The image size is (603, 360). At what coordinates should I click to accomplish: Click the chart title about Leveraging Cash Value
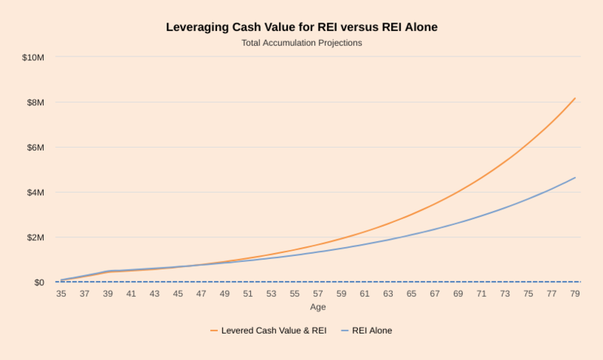(301, 27)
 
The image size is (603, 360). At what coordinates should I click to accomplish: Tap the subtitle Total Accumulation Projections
(301, 43)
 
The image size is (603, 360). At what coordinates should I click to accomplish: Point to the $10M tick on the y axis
(33, 57)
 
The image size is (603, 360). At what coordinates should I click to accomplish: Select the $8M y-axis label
(35, 102)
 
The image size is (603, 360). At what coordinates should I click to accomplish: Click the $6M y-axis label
(35, 148)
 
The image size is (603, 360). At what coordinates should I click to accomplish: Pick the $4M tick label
(35, 193)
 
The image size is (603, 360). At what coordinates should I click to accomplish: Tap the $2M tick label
(35, 238)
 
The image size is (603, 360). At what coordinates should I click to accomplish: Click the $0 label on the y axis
(38, 282)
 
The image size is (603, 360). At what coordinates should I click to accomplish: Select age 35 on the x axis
(61, 294)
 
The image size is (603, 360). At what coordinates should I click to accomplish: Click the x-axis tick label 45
(178, 294)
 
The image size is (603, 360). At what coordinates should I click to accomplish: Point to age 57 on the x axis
(318, 294)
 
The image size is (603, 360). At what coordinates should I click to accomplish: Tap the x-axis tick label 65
(412, 294)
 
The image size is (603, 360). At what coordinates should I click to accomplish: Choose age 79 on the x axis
(575, 294)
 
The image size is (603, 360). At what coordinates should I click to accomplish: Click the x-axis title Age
(318, 307)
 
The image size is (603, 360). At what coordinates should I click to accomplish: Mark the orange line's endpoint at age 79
(575, 98)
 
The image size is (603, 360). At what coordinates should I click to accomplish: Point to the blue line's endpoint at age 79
(575, 178)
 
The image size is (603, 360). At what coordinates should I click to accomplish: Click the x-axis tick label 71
(482, 294)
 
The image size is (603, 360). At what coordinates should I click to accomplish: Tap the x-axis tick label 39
(108, 294)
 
